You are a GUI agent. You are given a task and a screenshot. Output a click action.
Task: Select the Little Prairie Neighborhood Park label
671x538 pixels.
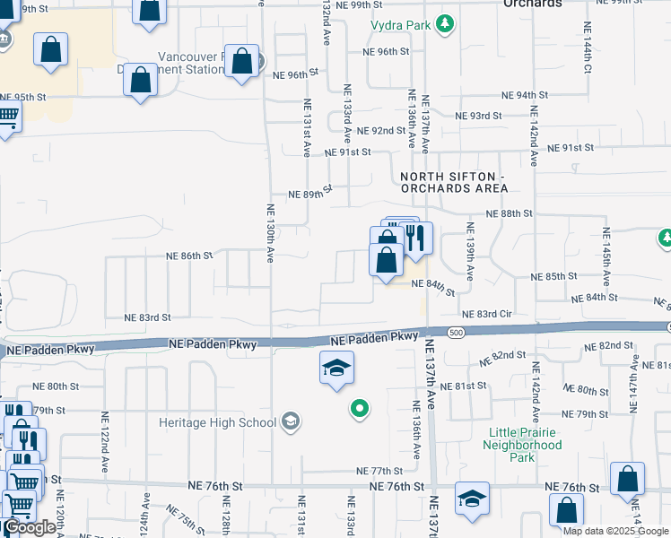(525, 445)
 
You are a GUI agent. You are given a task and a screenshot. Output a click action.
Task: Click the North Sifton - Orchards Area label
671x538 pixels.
(454, 182)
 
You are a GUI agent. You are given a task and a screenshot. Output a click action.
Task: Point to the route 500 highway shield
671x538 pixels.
(456, 333)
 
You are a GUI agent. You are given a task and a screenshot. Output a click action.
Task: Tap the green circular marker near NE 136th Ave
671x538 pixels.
(360, 410)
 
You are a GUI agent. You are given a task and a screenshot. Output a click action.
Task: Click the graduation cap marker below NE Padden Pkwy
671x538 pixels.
(337, 368)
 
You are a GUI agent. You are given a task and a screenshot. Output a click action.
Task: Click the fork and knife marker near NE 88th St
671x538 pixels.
(414, 239)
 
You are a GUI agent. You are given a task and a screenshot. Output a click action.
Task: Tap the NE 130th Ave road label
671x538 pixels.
(270, 233)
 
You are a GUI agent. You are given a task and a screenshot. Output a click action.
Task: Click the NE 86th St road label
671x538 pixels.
(189, 256)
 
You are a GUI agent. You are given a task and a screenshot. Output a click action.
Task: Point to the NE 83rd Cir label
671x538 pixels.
(486, 315)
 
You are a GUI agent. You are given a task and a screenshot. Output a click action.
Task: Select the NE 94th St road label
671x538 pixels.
(525, 95)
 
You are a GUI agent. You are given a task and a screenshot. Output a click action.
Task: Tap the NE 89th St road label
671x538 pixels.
(310, 194)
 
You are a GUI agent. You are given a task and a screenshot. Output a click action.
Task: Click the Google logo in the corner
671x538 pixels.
(30, 527)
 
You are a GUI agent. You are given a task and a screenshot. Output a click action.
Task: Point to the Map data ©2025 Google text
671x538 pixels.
(615, 531)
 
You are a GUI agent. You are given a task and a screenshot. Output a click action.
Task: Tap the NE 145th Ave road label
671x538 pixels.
(606, 251)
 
